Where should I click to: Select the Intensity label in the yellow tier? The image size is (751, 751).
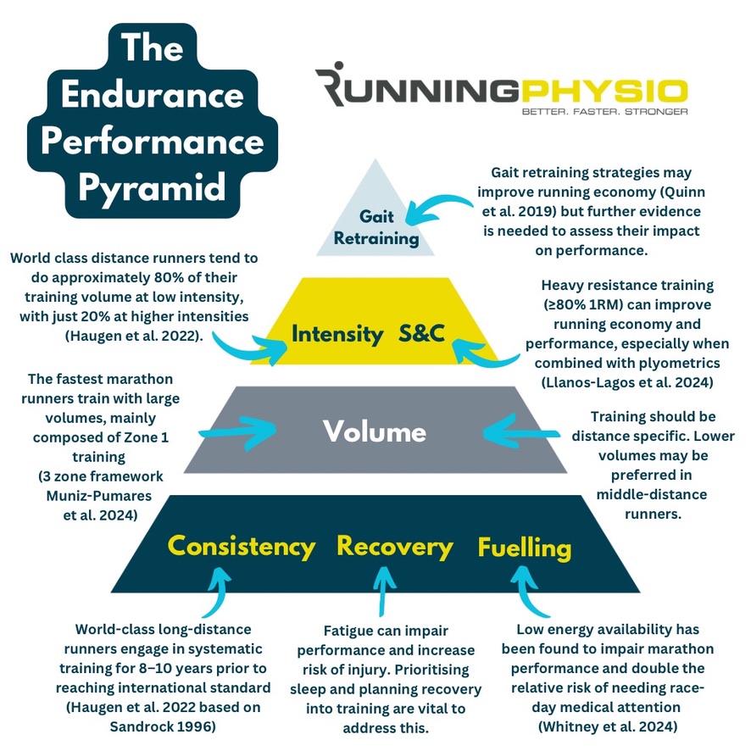[337, 334]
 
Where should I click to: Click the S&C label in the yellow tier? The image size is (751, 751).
[421, 334]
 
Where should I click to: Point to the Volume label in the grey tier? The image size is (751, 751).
[374, 432]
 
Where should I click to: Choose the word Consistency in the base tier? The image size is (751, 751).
[242, 547]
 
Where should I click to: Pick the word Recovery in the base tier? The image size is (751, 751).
[395, 547]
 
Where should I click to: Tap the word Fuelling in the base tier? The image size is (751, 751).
[525, 548]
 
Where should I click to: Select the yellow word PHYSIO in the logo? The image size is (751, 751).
[604, 90]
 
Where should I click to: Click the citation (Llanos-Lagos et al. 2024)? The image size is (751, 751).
[626, 382]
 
